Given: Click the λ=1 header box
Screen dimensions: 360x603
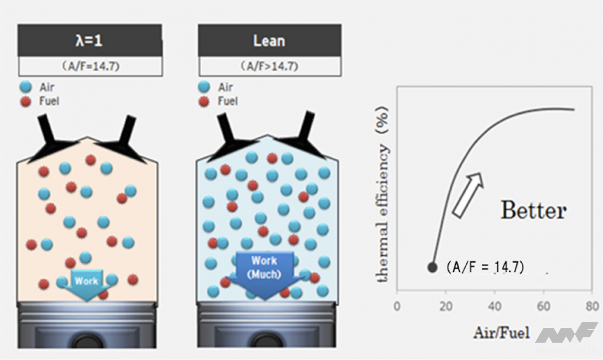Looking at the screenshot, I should click(x=90, y=41).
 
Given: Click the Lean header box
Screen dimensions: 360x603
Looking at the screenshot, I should click(x=269, y=41).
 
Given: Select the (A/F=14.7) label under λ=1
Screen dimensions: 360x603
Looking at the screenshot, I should click(x=91, y=67).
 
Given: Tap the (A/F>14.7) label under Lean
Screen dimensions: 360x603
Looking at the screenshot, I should click(x=270, y=67).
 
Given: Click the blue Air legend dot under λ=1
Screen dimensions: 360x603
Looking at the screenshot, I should click(x=26, y=87).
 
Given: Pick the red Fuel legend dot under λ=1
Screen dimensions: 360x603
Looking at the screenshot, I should click(x=26, y=101).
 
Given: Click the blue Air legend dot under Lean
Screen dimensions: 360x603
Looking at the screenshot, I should click(x=204, y=87).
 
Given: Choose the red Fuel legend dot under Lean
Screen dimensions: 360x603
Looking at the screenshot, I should click(x=204, y=101).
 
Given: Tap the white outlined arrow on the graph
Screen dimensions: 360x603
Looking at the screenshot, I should click(x=468, y=195).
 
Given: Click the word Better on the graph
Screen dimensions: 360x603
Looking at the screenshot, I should click(x=533, y=210).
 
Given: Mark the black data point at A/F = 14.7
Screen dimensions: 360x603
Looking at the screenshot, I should click(x=432, y=267).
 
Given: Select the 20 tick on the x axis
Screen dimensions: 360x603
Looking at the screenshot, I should click(x=446, y=306).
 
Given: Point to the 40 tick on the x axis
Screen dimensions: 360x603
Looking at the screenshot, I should click(x=495, y=306).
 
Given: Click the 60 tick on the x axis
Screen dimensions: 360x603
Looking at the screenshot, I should click(x=544, y=306).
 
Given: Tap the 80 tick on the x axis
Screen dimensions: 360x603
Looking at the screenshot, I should click(x=592, y=306).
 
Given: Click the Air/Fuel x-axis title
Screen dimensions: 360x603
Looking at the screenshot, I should click(x=501, y=333).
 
